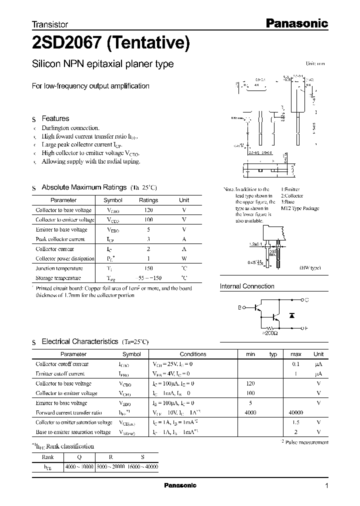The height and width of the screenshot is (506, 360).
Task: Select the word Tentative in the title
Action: [148, 44]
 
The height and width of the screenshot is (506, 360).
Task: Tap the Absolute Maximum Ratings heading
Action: [83, 187]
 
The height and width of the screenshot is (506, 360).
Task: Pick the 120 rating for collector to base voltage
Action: [148, 210]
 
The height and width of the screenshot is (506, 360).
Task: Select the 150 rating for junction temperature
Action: [148, 268]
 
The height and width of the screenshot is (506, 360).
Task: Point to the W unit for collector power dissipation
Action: [184, 258]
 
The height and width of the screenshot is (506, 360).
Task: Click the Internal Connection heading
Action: [247, 286]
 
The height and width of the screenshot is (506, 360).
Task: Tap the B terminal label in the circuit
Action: [239, 308]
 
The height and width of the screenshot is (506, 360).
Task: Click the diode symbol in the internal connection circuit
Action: [292, 316]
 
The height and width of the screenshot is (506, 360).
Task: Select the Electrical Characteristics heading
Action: [79, 341]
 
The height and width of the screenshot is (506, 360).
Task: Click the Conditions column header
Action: [193, 354]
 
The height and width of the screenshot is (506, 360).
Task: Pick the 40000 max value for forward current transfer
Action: [295, 412]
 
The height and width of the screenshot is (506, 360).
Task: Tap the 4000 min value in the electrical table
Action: [250, 412]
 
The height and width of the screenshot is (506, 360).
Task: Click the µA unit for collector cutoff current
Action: [318, 364]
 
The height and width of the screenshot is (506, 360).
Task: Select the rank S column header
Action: [142, 456]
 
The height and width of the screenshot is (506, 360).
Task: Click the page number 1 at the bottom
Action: [326, 485]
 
